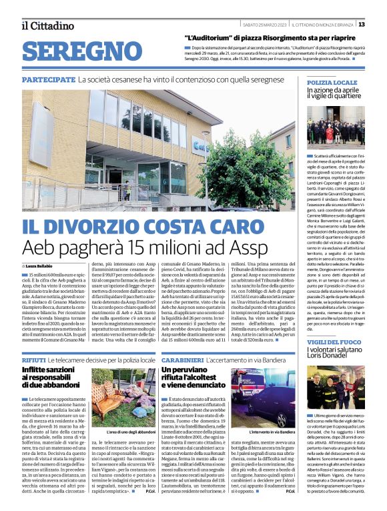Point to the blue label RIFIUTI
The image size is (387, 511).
[33, 359]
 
